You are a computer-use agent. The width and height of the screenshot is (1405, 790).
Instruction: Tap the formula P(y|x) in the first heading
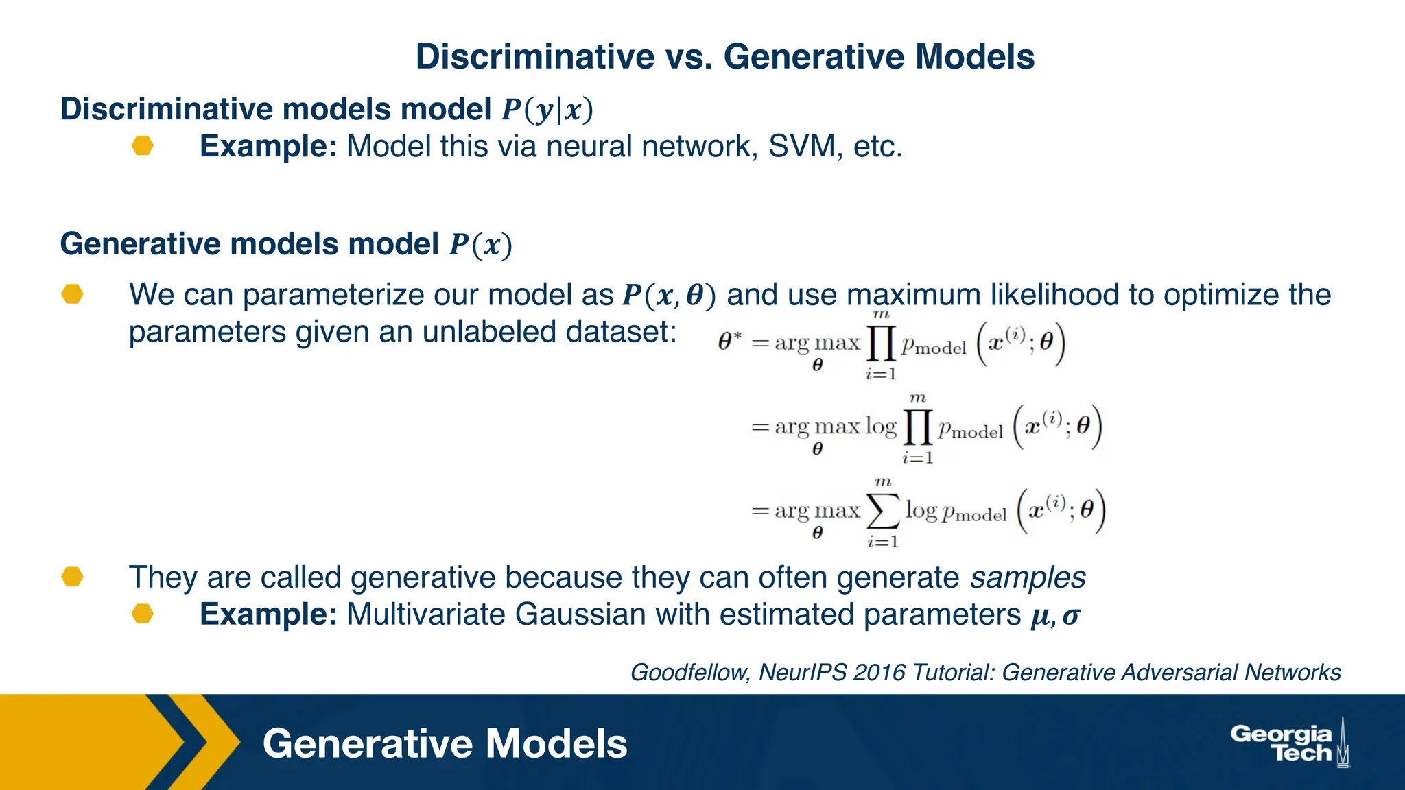pyautogui.click(x=547, y=110)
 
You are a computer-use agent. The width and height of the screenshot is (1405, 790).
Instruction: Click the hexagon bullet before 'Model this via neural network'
pyautogui.click(x=143, y=146)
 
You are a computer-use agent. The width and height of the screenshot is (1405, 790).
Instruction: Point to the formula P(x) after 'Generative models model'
pyautogui.click(x=481, y=245)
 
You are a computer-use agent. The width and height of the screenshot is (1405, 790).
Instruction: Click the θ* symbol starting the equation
pyautogui.click(x=729, y=341)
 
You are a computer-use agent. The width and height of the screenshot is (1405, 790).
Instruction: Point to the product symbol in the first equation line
pyautogui.click(x=881, y=344)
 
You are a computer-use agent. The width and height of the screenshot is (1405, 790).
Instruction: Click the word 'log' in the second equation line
pyautogui.click(x=880, y=427)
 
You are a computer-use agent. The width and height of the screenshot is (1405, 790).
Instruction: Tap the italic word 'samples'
pyautogui.click(x=1028, y=577)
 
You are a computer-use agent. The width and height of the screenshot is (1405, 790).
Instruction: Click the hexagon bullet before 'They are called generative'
pyautogui.click(x=72, y=577)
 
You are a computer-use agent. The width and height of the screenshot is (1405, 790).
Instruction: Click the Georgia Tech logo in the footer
pyautogui.click(x=1289, y=743)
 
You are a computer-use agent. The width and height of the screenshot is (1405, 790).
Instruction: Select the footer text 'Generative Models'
pyautogui.click(x=445, y=744)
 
